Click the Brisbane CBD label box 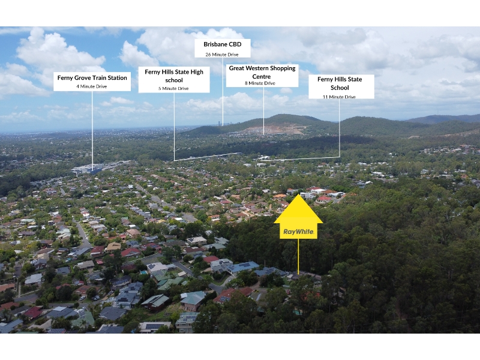[x=223, y=48]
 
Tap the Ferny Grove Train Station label [x=92, y=82]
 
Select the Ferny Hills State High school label [x=174, y=80]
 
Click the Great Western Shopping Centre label [x=262, y=76]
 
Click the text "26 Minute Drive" [x=222, y=55]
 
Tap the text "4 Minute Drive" [x=92, y=86]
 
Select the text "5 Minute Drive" [x=173, y=88]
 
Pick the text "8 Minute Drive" [x=260, y=83]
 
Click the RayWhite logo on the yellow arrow [x=298, y=232]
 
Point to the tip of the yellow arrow [x=298, y=194]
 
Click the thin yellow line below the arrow [x=298, y=256]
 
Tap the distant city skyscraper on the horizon [x=219, y=123]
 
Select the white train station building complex [x=89, y=169]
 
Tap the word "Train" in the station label [x=98, y=78]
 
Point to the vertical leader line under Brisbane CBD [x=223, y=92]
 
